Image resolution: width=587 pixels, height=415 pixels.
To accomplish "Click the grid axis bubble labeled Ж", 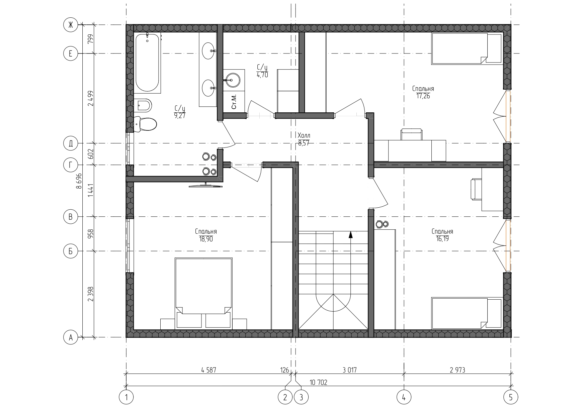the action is (x=71, y=25).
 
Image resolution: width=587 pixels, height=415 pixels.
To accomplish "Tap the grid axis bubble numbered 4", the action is (x=404, y=397).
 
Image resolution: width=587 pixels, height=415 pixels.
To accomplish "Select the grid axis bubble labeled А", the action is (x=71, y=337).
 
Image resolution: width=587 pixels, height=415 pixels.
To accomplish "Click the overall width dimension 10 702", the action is (x=318, y=382).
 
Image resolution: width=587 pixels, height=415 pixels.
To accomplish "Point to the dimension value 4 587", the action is (x=208, y=370).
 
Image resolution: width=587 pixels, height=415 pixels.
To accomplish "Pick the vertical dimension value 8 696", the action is (x=79, y=181).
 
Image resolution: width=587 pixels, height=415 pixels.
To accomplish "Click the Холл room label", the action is (x=304, y=136).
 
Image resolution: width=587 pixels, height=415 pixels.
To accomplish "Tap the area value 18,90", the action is (x=206, y=239).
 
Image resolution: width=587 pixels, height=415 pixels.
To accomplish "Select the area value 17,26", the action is (x=423, y=96).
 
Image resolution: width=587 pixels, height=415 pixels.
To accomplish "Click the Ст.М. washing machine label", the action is (x=234, y=101).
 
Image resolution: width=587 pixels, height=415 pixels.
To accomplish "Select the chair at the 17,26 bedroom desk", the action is (x=411, y=134).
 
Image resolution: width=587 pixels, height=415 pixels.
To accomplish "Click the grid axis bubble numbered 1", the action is (x=126, y=397).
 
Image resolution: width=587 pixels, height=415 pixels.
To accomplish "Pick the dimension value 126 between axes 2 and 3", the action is (x=284, y=370).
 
